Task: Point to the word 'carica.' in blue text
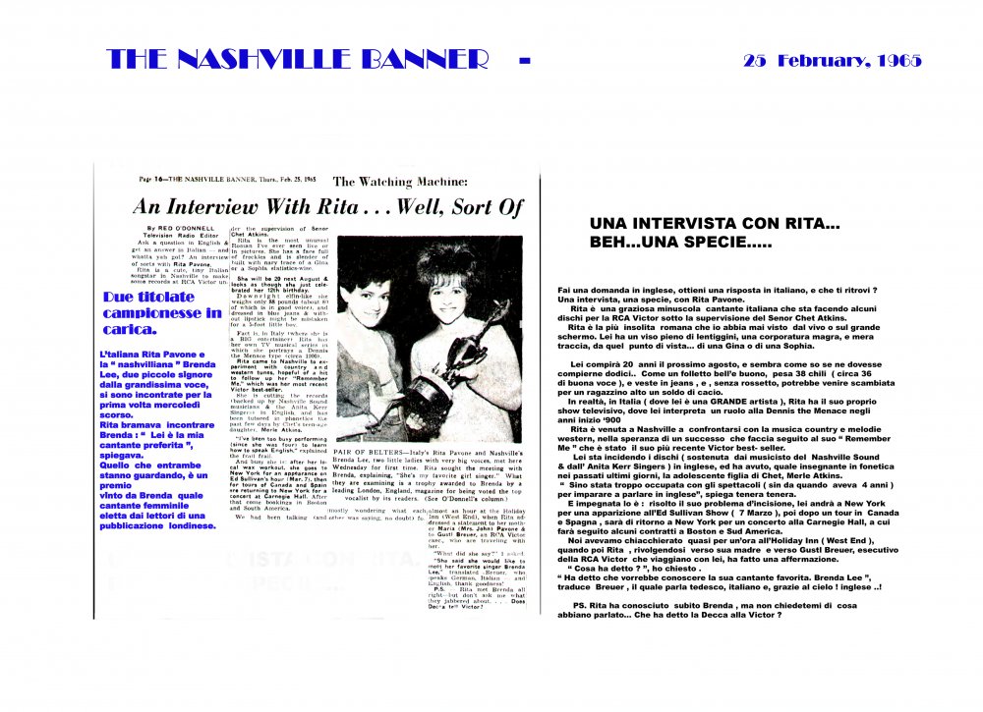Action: click(x=126, y=331)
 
